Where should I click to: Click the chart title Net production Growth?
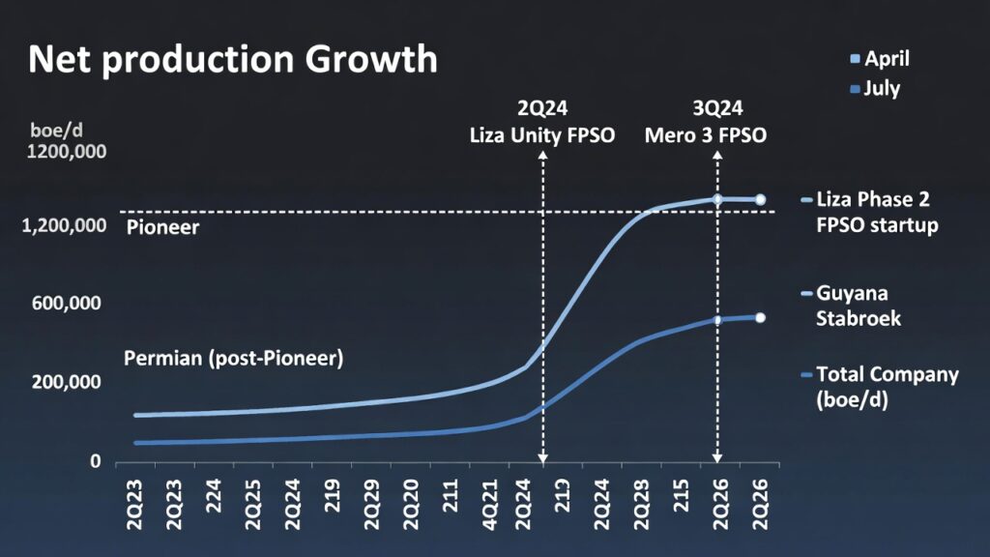233,60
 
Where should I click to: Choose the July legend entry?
874,89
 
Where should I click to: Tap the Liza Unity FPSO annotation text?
541,135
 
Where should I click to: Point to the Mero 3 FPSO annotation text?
706,135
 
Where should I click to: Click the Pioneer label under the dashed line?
162,228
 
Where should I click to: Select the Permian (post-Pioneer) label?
234,358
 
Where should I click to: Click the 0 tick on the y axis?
96,461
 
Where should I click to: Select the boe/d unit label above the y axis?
51,130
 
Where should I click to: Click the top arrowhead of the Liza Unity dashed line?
542,155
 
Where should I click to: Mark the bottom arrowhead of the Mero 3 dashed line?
716,457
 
